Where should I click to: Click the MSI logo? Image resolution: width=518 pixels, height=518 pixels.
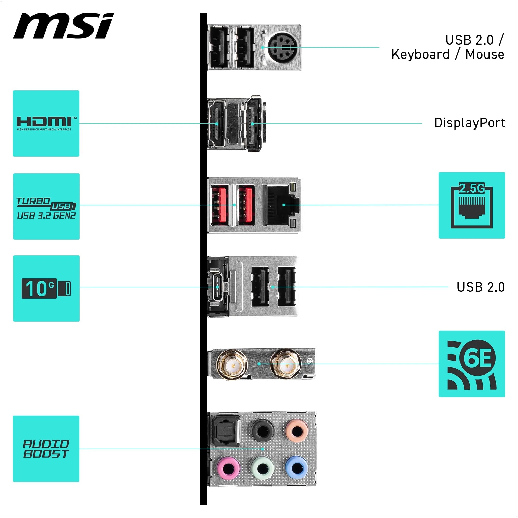click(x=63, y=26)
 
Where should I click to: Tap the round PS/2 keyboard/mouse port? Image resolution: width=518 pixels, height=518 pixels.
click(x=281, y=47)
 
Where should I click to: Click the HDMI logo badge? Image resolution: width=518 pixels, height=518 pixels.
click(x=46, y=123)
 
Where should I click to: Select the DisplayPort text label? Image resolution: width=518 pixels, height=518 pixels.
click(x=470, y=123)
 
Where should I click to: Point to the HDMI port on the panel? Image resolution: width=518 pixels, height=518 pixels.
click(x=217, y=124)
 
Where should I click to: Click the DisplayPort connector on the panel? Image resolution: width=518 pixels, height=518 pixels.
click(x=253, y=124)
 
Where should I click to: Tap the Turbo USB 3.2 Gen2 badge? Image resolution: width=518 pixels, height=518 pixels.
click(x=46, y=206)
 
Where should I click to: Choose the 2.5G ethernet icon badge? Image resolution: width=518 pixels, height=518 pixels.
click(x=472, y=205)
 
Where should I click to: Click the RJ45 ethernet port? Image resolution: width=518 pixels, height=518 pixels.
click(x=280, y=205)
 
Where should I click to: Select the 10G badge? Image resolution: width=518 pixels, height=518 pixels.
click(x=46, y=289)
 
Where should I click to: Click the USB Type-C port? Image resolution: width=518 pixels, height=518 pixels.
click(x=217, y=287)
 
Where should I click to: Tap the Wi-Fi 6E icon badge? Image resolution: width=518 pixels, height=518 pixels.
click(x=472, y=364)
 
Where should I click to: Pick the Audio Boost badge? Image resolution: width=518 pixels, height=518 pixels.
click(x=46, y=449)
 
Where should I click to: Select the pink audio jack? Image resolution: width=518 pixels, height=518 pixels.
click(x=228, y=468)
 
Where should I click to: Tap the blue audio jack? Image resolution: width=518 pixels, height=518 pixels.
click(x=296, y=468)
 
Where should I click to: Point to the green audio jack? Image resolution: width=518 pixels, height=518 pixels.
click(x=262, y=468)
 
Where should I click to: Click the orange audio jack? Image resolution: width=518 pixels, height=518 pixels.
click(x=296, y=431)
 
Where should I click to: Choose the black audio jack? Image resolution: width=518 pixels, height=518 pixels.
click(x=262, y=431)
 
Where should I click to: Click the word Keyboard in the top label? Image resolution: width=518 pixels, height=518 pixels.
click(x=420, y=55)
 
